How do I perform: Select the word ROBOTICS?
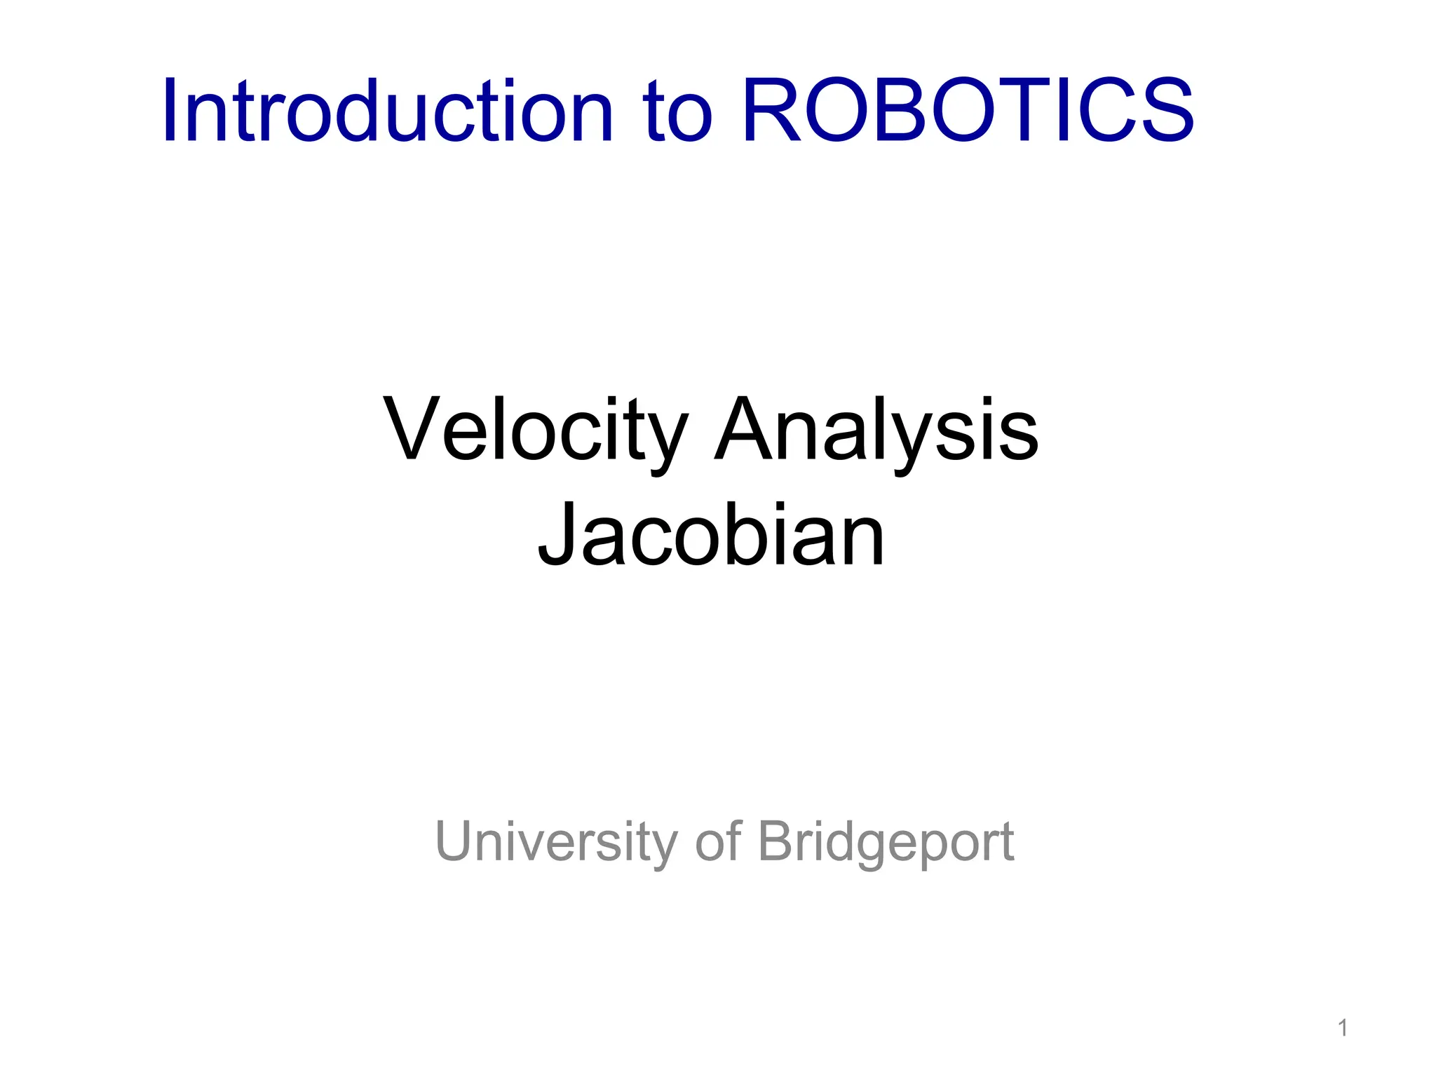pos(968,111)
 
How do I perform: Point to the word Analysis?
pos(876,429)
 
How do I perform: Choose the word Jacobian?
pos(711,534)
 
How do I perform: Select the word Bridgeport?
pos(886,841)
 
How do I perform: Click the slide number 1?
pos(1342,1029)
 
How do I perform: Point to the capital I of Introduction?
pos(169,111)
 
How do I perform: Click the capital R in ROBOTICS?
pos(772,111)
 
